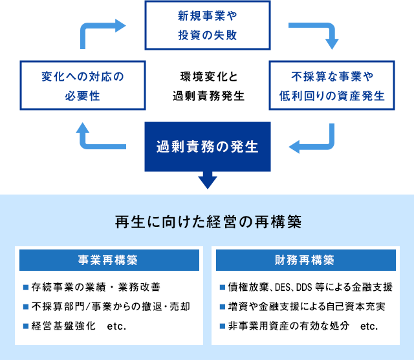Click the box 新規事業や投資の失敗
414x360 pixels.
tap(206, 25)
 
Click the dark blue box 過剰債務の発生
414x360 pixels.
tap(207, 147)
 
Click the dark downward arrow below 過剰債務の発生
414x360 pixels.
tap(207, 179)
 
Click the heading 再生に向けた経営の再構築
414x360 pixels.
tap(207, 222)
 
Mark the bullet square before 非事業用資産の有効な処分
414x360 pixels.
tap(223, 326)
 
